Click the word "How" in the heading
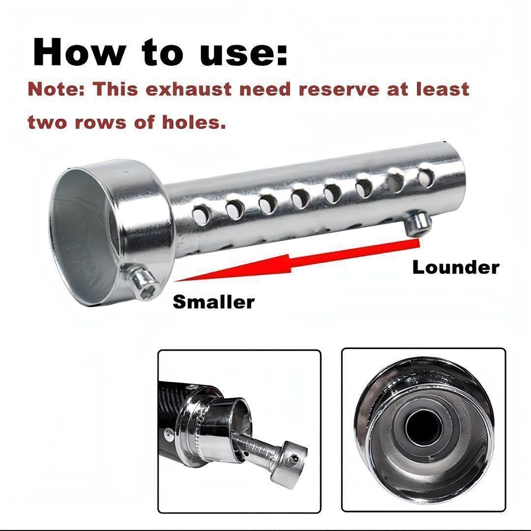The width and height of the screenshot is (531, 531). pos(79,52)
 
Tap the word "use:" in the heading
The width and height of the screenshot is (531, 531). pos(243,54)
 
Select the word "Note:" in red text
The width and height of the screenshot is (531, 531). pos(56,89)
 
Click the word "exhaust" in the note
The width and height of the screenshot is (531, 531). pos(189,89)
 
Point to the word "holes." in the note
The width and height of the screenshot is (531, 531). pos(194,122)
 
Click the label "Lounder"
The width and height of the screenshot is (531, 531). pos(455,267)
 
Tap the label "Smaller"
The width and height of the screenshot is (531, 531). pos(214,302)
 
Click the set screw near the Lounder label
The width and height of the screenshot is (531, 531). pos(418,224)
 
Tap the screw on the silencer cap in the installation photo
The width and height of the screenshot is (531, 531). pos(295,459)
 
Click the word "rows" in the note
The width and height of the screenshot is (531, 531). pos(101,122)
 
